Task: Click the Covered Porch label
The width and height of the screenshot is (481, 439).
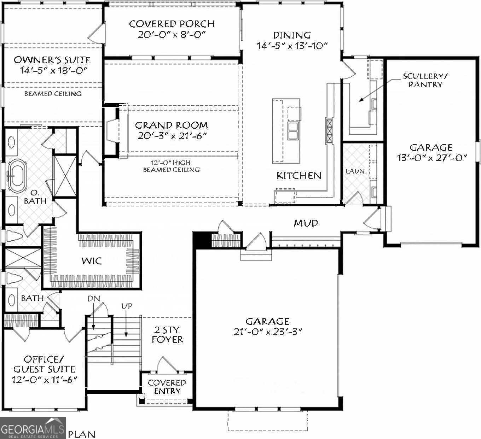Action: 172,24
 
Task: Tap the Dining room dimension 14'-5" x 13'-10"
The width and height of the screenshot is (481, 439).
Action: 292,46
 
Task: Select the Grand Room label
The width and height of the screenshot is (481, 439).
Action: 172,125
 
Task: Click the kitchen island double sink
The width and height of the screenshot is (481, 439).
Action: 293,131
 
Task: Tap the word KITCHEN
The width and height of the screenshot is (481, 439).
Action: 299,176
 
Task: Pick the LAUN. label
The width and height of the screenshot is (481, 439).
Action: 356,171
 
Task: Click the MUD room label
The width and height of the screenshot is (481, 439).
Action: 306,223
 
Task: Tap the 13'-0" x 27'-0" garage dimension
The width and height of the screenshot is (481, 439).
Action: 432,158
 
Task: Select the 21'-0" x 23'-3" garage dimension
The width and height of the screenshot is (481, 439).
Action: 267,332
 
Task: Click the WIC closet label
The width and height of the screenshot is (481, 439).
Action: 92,261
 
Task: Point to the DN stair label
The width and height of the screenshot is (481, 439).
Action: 94,299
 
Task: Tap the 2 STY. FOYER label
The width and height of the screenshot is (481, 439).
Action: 168,335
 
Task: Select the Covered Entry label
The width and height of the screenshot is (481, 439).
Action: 167,387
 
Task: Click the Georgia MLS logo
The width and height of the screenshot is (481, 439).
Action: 33,428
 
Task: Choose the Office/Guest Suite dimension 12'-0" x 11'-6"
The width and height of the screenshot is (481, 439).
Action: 44,380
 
